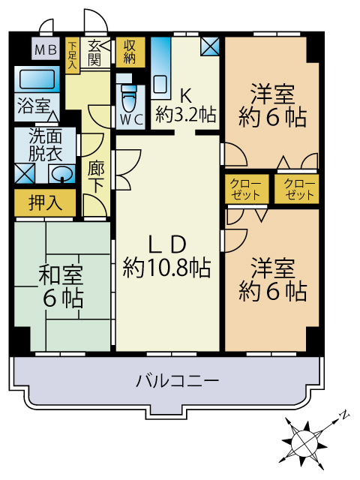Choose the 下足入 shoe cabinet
pyautogui.click(x=72, y=54)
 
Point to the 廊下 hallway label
pyautogui.click(x=95, y=178)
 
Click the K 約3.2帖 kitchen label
pyautogui.click(x=186, y=105)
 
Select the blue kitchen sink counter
pyautogui.click(x=160, y=75)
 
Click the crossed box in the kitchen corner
pyautogui.click(x=211, y=46)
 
